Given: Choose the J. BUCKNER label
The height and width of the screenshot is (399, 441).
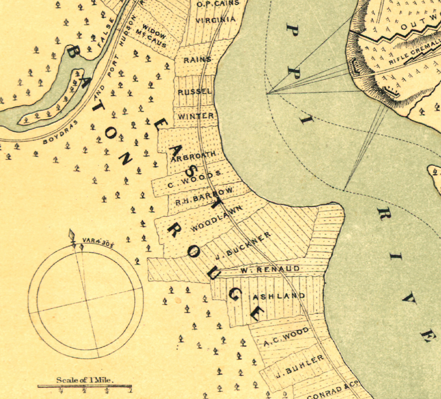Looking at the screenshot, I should [243, 245].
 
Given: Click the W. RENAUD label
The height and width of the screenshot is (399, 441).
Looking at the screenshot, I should [270, 269].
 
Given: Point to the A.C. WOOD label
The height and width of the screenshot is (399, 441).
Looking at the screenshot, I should [286, 336].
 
